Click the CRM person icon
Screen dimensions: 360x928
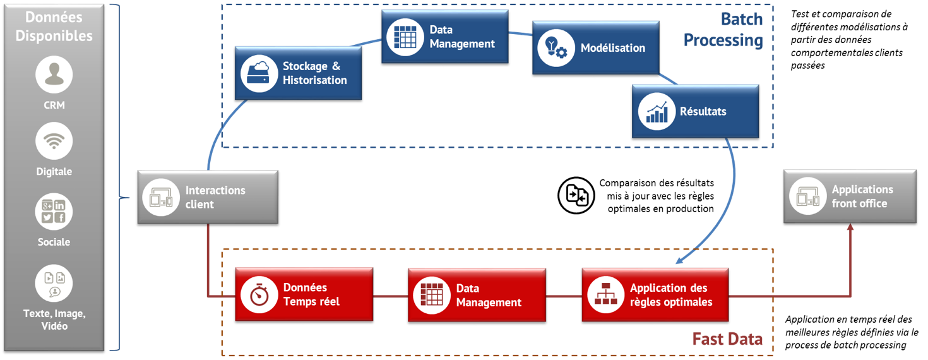point(54,75)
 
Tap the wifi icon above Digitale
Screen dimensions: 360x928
point(54,141)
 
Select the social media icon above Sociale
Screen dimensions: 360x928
point(54,212)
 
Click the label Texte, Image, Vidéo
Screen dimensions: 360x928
point(54,320)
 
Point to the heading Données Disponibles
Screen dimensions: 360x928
point(54,27)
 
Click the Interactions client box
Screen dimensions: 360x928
point(208,197)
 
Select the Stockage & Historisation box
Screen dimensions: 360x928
point(298,73)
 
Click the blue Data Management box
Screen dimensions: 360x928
point(445,36)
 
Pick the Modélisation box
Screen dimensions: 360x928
point(596,48)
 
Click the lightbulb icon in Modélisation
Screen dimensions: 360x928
point(556,48)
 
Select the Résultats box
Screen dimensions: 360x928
point(695,111)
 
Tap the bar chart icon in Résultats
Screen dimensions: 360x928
point(657,111)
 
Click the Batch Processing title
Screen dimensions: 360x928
point(723,30)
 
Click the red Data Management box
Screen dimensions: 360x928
point(477,295)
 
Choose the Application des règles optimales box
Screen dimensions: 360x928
point(655,295)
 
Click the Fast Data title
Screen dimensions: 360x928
point(727,339)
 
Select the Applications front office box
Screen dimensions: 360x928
point(850,196)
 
